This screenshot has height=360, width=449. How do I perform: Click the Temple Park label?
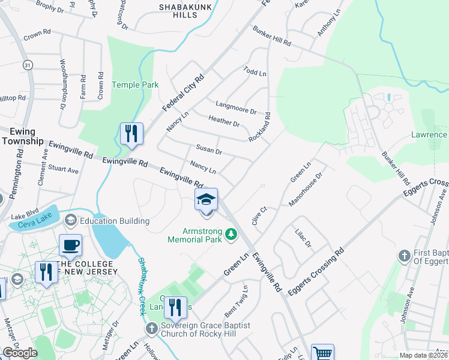point(135,85)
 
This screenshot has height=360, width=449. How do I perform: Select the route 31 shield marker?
point(28,64)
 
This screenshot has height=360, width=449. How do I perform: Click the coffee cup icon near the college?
point(70,245)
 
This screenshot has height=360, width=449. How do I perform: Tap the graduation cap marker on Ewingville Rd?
point(206,199)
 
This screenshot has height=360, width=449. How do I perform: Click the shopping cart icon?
point(323,354)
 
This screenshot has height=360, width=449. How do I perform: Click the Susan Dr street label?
point(209,150)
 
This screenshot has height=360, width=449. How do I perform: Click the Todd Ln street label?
point(255,73)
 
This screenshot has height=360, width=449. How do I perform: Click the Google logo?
point(20,353)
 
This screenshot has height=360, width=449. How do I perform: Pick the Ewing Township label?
point(22,136)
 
